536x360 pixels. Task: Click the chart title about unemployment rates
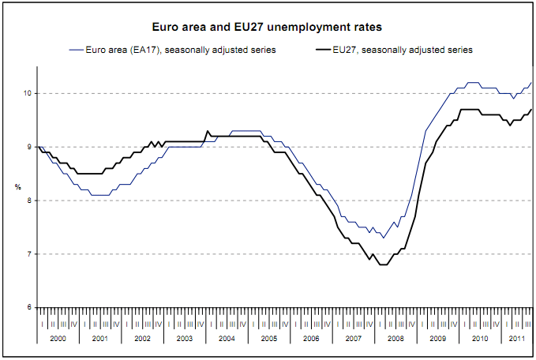click(268, 27)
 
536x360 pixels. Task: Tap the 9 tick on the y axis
click(28, 147)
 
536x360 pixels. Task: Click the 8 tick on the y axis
click(28, 201)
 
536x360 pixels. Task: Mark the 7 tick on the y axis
click(28, 253)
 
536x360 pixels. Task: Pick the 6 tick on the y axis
click(28, 307)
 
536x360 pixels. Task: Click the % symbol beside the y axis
click(17, 186)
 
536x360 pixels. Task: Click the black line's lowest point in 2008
click(383, 264)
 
